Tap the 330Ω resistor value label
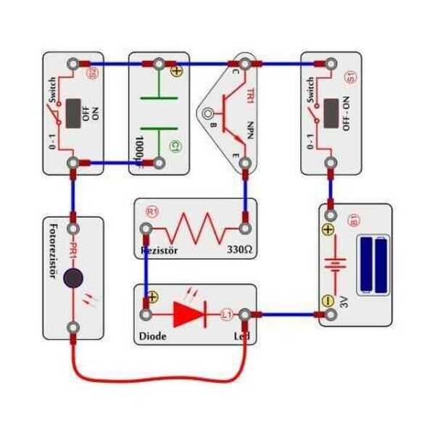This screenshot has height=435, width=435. click(x=239, y=251)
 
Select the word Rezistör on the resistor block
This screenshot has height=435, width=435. click(x=158, y=251)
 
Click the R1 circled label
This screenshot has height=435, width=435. click(x=152, y=212)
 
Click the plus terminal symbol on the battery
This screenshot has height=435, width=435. click(x=328, y=230)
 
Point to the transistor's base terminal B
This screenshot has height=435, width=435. click(x=210, y=114)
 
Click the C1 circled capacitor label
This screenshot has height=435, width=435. click(x=175, y=147)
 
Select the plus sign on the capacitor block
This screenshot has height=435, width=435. click(x=176, y=71)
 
